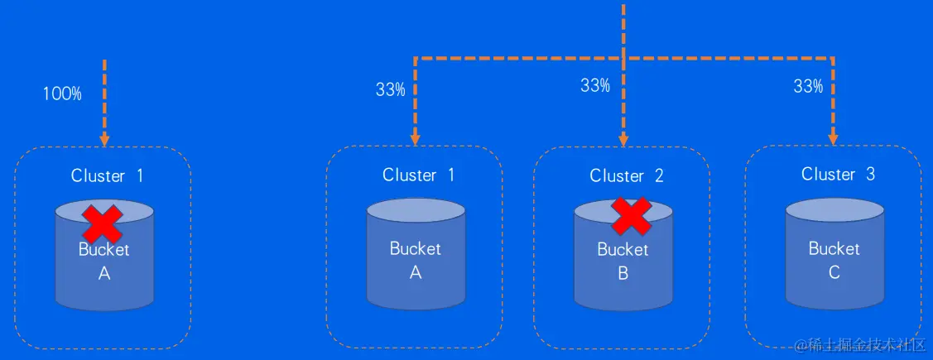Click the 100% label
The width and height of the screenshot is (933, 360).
coord(62,94)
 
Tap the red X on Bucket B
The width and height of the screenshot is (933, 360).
coord(631,215)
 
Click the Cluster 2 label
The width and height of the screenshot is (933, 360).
coord(626,175)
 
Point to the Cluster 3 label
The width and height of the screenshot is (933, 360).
coord(838,175)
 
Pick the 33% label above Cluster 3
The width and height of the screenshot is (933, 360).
coord(808,86)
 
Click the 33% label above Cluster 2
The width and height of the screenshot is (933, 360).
coord(595,85)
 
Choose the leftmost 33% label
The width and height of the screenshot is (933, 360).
coord(390,89)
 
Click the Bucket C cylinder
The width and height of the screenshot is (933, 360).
coord(834,253)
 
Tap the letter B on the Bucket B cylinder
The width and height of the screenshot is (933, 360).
coord(623,272)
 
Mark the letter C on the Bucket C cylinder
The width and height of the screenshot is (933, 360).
coord(834,271)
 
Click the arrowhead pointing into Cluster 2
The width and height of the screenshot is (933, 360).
coord(623,139)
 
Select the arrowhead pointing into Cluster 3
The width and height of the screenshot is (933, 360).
coord(834,138)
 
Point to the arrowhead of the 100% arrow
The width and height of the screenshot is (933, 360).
coord(104,139)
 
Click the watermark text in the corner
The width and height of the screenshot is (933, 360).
coord(860,345)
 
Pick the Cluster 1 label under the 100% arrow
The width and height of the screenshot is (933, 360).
coord(107,175)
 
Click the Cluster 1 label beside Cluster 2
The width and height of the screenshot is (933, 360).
coord(418,175)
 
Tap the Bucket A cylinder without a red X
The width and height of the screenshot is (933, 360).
coord(416,253)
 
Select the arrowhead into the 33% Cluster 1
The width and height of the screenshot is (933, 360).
coord(415,139)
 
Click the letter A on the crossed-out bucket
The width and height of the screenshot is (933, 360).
coord(104,274)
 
